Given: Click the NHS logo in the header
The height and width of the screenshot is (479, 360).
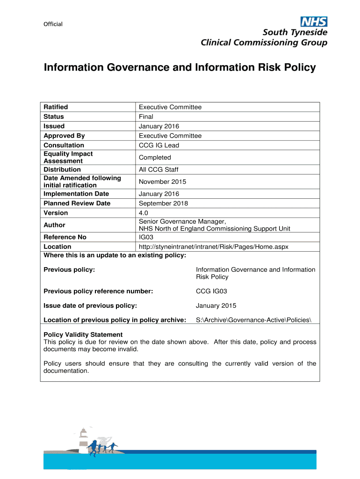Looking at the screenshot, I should click(314, 22).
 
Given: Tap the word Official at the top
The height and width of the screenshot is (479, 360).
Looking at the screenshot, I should click(53, 24).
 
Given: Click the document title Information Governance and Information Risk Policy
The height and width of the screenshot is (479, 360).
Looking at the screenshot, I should click(180, 68).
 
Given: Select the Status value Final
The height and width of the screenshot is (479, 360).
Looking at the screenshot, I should click(146, 116).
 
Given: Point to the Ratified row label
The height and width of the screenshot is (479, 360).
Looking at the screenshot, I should click(56, 107).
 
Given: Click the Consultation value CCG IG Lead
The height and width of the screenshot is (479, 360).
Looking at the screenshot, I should click(159, 145).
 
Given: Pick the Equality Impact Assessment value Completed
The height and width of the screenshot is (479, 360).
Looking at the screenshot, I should click(155, 158).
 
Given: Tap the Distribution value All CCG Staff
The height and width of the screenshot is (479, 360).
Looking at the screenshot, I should click(158, 169).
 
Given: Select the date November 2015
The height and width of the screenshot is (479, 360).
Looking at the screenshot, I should click(162, 181).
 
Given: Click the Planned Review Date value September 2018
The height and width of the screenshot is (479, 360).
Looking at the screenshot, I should click(163, 203).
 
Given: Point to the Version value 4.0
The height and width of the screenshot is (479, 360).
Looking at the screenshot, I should click(144, 213).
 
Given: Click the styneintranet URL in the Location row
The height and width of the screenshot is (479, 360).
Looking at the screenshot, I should click(216, 247).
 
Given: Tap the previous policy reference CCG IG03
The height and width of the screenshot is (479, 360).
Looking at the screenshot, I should click(211, 291).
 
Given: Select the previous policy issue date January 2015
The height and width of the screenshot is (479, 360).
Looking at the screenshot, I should click(216, 306).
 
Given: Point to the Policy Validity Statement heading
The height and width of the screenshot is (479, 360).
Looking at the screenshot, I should click(83, 334).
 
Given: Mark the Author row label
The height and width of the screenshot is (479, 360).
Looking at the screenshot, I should click(54, 225).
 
